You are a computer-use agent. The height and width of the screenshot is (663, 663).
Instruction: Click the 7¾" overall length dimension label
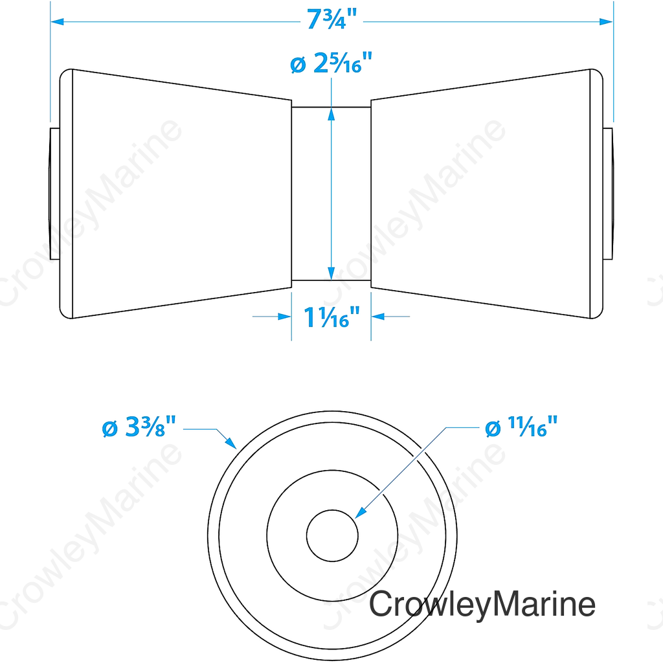click(x=331, y=20)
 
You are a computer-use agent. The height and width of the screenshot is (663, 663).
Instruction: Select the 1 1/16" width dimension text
click(x=331, y=317)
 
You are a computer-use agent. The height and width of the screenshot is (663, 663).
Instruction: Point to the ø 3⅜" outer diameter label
click(x=139, y=427)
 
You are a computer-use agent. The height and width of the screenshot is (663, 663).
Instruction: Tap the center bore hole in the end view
click(x=332, y=535)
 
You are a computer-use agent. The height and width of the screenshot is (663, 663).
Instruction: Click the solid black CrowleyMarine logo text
click(x=482, y=605)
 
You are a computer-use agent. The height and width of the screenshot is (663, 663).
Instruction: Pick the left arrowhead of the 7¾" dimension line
click(x=57, y=21)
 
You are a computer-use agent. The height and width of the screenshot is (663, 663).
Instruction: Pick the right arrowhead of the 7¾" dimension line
click(x=606, y=21)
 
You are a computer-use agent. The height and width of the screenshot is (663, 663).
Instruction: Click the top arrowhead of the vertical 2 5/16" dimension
click(x=331, y=114)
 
